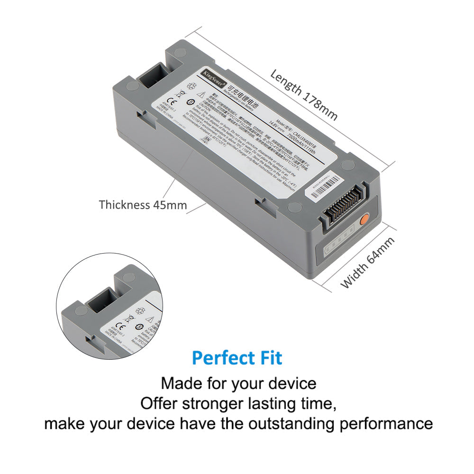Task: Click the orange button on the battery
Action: click(365, 220)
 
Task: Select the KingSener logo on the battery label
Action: click(212, 73)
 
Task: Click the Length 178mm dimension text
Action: click(304, 95)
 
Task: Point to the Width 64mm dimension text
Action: click(368, 263)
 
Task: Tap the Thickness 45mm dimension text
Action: click(143, 205)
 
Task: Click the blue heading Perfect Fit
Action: click(237, 358)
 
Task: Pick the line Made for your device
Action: click(238, 383)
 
